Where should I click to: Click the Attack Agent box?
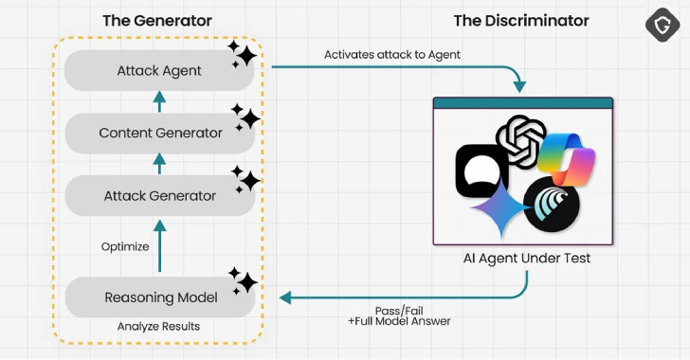[159, 70]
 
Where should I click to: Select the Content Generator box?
[159, 133]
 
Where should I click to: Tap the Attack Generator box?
[159, 195]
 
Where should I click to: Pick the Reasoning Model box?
[159, 297]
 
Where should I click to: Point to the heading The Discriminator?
[521, 20]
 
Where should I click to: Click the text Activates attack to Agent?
[391, 54]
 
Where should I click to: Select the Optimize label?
[125, 246]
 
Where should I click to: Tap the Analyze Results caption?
[159, 328]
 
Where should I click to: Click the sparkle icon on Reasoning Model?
[243, 280]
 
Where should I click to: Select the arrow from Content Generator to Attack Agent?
[159, 101]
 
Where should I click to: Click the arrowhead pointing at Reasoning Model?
[284, 297]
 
